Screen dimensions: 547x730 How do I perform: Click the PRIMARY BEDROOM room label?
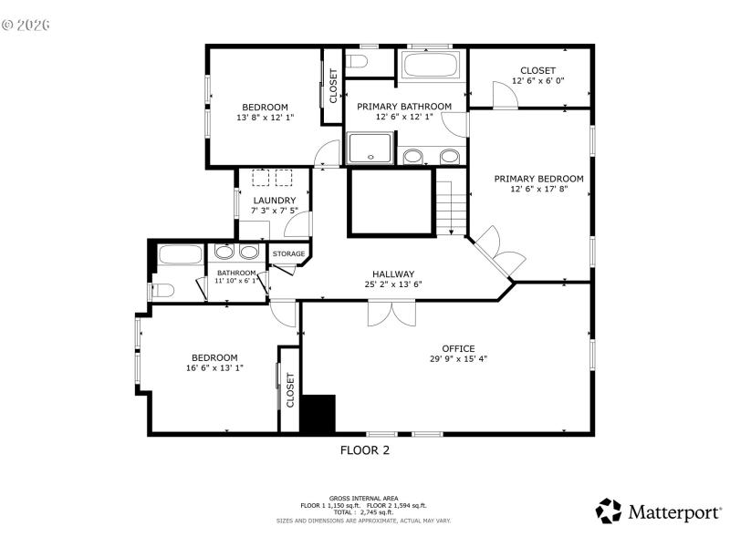click(x=538, y=179)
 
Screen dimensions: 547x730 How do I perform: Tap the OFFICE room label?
click(x=458, y=348)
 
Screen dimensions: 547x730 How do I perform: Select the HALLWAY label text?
click(x=393, y=273)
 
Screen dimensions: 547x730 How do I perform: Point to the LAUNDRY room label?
click(x=274, y=201)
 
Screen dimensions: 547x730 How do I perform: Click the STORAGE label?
click(x=289, y=253)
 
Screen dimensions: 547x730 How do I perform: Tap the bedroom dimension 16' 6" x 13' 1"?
click(x=214, y=368)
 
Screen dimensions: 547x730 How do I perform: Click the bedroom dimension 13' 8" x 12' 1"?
click(x=265, y=117)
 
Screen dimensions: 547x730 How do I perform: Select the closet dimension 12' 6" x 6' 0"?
click(x=537, y=81)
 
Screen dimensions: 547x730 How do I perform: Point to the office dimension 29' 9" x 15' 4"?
click(x=458, y=358)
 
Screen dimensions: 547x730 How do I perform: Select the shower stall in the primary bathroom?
click(x=370, y=149)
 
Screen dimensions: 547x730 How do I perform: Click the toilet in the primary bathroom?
click(x=357, y=61)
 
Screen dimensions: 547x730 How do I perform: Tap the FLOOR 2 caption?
click(x=365, y=449)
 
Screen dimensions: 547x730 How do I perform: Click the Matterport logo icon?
click(x=609, y=511)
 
